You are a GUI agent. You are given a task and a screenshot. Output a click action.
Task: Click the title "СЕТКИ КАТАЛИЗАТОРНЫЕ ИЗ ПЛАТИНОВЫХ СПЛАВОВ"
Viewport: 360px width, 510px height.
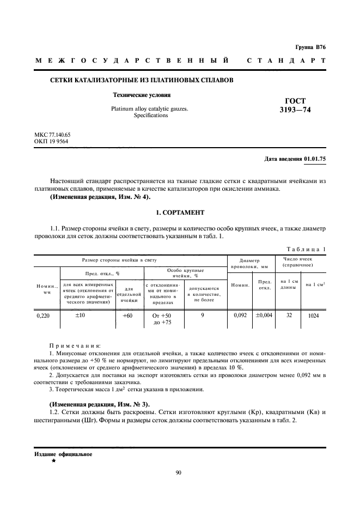142,80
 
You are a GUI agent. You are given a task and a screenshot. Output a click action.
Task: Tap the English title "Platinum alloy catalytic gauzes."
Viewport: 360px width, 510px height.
149,108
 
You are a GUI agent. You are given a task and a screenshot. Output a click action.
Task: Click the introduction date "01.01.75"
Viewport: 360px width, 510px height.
315,159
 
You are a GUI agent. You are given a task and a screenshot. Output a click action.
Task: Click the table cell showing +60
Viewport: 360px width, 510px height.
127,315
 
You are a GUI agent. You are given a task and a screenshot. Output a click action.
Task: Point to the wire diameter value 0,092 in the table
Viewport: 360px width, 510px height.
240,315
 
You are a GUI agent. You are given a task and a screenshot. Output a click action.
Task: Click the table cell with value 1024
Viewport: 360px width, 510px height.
314,315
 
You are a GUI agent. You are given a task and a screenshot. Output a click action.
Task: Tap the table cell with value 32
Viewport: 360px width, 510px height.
289,315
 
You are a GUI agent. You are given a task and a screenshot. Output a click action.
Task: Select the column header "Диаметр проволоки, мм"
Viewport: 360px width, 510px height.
249,264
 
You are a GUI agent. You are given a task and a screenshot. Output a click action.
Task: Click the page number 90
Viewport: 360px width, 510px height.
178,472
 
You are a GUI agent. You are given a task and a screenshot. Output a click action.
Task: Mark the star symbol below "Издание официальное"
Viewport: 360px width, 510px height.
53,460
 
